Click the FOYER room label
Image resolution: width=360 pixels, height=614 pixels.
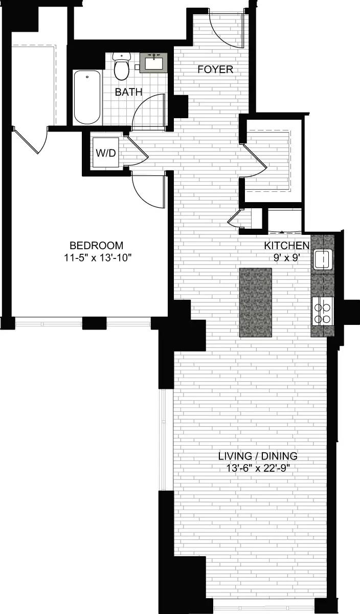coord(216,70)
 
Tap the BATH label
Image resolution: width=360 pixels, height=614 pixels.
coord(128,92)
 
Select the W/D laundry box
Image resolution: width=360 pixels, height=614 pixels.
coord(106,153)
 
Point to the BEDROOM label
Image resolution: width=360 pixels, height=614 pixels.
coord(97,245)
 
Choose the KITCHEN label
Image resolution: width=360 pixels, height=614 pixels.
coord(286,246)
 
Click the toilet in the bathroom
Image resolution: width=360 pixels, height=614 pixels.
coord(121,67)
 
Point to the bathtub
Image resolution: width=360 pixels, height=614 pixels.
coord(87,97)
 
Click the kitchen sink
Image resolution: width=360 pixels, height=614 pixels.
coord(322,259)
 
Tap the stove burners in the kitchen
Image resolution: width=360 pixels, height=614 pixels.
coord(322,313)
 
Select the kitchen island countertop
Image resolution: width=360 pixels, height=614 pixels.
coord(255,302)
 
